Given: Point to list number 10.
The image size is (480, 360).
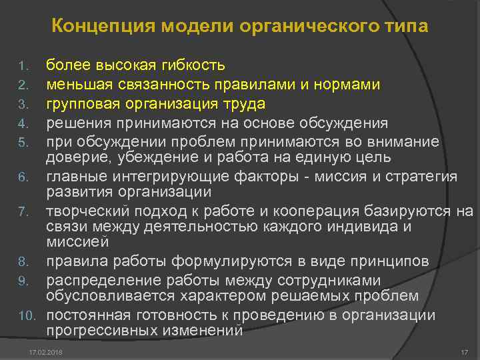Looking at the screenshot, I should click(26, 315).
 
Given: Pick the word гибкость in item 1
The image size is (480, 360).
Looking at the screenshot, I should click(194, 65).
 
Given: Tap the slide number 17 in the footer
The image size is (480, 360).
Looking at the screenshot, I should click(465, 351).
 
